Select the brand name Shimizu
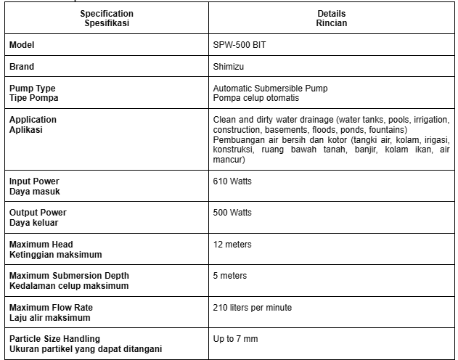(229, 66)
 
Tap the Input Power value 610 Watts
(232, 181)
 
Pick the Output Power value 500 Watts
(232, 213)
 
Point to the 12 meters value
(232, 245)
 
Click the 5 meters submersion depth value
(230, 276)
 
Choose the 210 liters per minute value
(253, 308)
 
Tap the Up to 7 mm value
(235, 339)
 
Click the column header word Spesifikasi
(107, 23)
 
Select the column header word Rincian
(332, 23)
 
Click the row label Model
(22, 45)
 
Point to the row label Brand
(22, 66)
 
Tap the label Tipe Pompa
(33, 98)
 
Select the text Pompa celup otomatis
(257, 98)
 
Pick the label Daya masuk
(34, 191)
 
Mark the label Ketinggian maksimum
(55, 255)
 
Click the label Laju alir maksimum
(49, 318)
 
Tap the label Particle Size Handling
(54, 339)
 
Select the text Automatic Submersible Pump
(270, 89)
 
